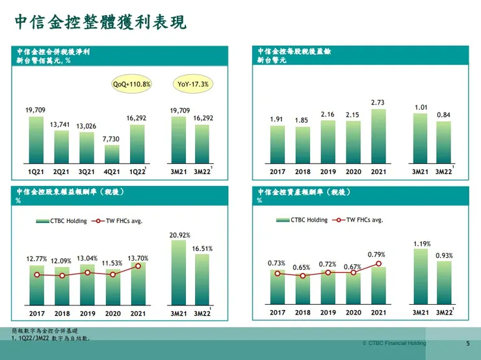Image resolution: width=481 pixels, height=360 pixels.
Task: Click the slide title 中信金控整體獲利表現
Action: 101,23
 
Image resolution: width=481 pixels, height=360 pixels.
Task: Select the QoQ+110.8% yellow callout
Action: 132,84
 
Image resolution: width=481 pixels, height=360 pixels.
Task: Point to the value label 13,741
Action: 61,124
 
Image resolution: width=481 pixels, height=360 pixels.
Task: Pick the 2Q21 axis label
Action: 62,172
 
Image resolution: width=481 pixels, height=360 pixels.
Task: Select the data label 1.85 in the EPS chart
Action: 302,120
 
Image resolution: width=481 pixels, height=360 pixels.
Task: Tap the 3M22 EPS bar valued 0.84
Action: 443,141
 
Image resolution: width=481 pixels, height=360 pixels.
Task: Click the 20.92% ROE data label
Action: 179,235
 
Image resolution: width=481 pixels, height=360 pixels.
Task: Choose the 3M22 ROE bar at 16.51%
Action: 202,279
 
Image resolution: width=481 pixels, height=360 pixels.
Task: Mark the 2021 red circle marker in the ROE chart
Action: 138,266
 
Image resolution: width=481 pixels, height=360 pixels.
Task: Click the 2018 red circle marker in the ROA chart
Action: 303,276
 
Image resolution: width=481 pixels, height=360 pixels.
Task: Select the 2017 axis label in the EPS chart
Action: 278,172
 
